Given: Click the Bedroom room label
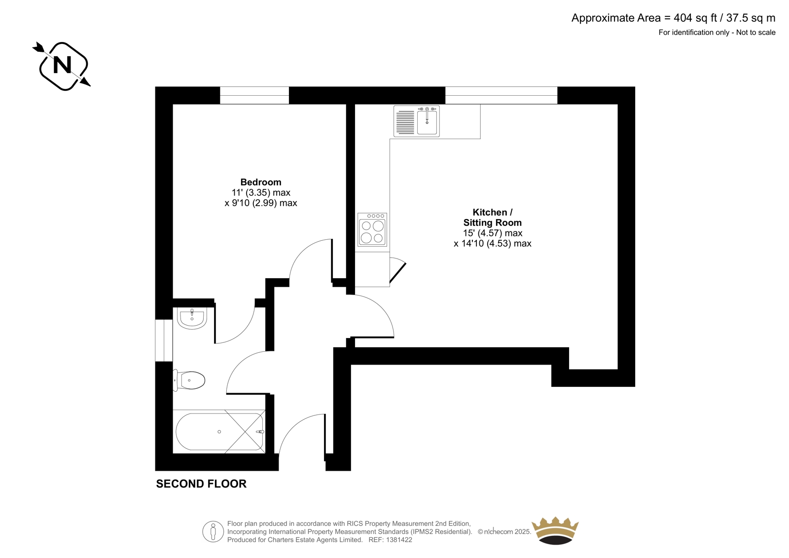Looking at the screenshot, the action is pos(261,182).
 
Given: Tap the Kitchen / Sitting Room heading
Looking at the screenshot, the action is pos(493,218).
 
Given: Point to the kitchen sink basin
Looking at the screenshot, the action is pos(427,121).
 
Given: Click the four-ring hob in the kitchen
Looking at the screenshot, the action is pos(372,229).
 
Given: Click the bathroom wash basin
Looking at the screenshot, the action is pos(192,318).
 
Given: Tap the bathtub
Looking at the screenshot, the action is pos(219,432).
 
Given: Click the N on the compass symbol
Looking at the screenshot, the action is pos(62,65).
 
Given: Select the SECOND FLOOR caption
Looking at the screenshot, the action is pos(201,484).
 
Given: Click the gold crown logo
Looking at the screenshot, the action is pos(555,530).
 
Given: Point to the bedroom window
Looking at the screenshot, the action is pos(254,95).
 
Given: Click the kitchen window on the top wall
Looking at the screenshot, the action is pos(501,95).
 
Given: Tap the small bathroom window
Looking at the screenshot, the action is pos(164,340).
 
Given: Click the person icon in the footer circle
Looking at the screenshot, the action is pos(213,531).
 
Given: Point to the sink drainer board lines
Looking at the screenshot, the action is pos(405,122).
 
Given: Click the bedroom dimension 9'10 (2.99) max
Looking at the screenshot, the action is pos(261,203).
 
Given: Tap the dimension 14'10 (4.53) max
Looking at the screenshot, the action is pos(493,243).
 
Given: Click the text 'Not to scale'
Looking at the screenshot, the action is pos(755,33).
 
